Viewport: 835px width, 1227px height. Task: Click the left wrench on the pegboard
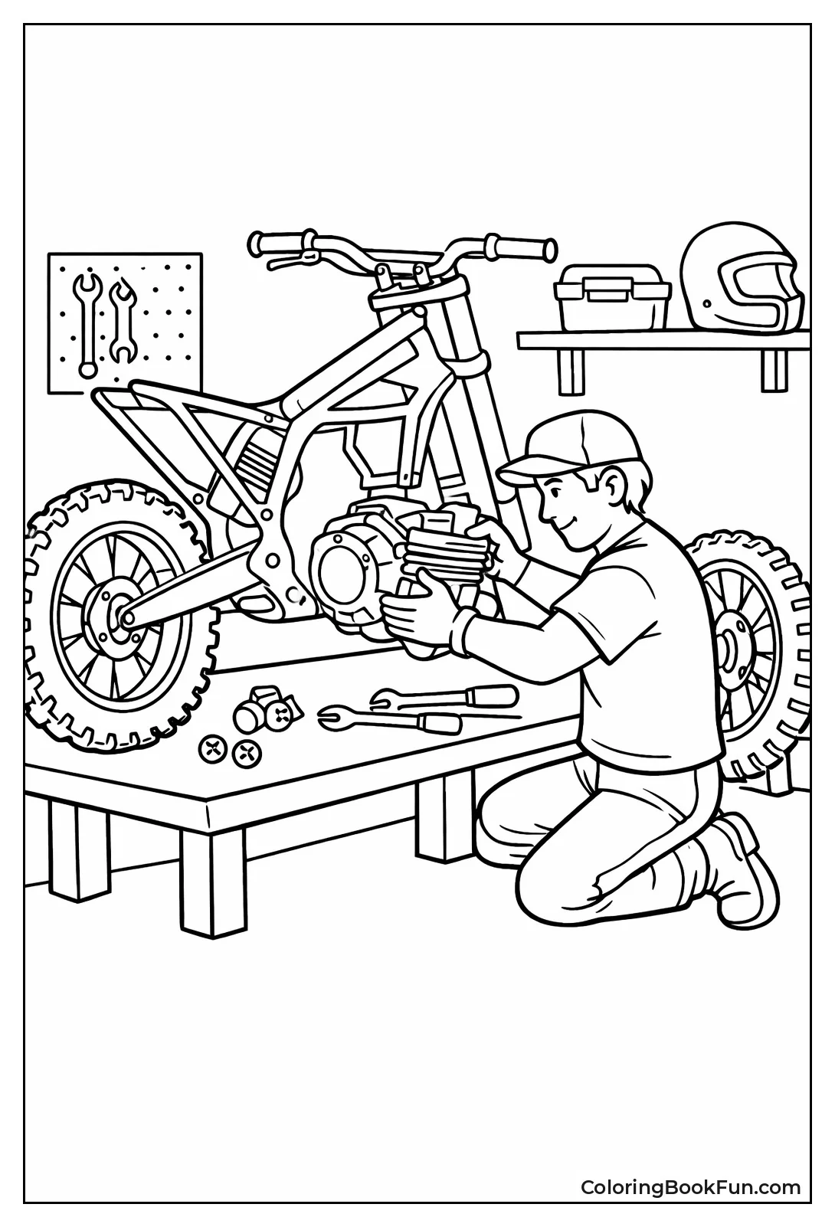(87, 322)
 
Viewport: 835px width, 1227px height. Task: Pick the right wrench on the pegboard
(121, 322)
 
